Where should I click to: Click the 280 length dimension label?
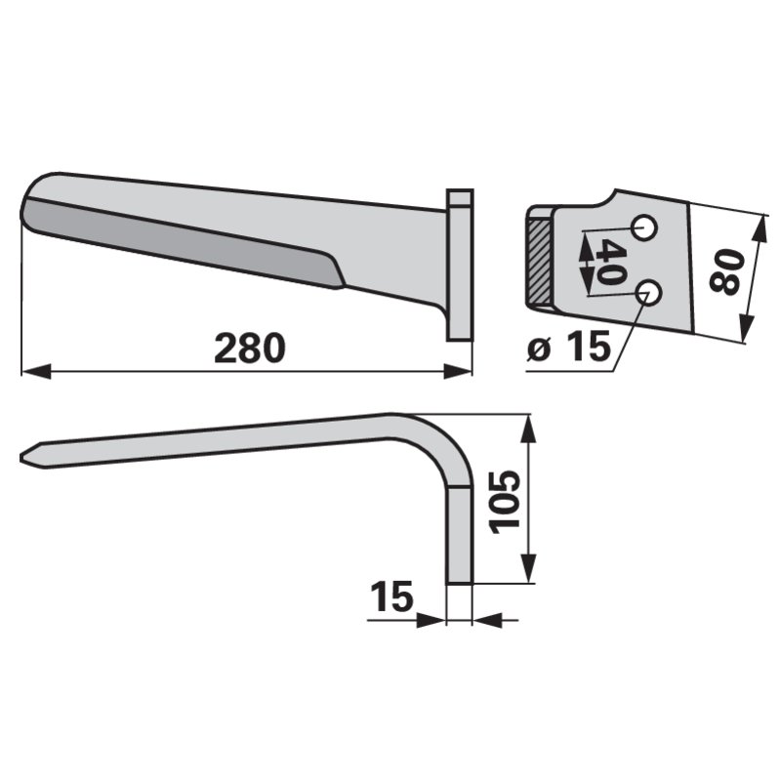click(x=250, y=349)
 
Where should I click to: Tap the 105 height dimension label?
click(x=505, y=502)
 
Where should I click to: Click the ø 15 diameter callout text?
click(x=569, y=347)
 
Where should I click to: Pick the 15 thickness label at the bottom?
click(x=392, y=596)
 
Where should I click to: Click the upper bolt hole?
click(x=644, y=228)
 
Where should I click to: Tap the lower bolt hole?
click(x=649, y=292)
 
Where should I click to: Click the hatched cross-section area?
click(x=540, y=262)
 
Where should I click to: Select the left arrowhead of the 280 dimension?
click(x=36, y=371)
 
